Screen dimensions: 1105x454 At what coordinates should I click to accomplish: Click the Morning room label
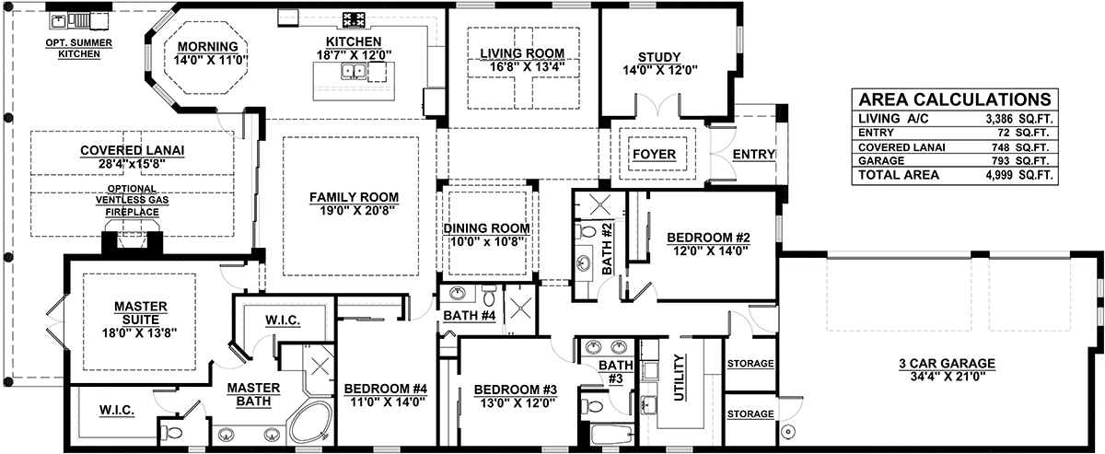(208, 46)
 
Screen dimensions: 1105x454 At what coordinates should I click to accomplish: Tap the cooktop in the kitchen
(355, 20)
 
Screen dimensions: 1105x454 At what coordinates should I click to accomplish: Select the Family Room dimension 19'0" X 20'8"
(354, 211)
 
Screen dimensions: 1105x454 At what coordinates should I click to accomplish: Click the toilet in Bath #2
(586, 231)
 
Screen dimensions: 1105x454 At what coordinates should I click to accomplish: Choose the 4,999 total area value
(999, 175)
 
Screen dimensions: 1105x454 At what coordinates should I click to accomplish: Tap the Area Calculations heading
(955, 99)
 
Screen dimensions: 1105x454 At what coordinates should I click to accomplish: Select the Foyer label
(654, 155)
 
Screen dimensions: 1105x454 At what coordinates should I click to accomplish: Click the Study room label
(659, 57)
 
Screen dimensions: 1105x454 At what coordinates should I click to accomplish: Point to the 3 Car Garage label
(947, 364)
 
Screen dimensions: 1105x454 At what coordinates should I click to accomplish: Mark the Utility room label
(680, 378)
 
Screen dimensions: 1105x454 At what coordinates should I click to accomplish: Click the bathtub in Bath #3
(611, 435)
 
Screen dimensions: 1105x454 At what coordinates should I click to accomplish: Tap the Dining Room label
(486, 228)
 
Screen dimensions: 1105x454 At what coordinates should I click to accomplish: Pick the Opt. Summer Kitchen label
(79, 49)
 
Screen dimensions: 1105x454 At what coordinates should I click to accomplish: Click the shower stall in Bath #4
(520, 308)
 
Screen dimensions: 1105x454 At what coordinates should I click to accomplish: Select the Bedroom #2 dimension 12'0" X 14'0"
(710, 250)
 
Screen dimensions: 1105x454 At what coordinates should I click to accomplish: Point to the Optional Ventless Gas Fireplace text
(133, 201)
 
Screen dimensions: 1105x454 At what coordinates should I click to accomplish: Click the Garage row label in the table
(881, 161)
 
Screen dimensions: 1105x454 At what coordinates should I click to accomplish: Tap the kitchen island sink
(354, 72)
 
